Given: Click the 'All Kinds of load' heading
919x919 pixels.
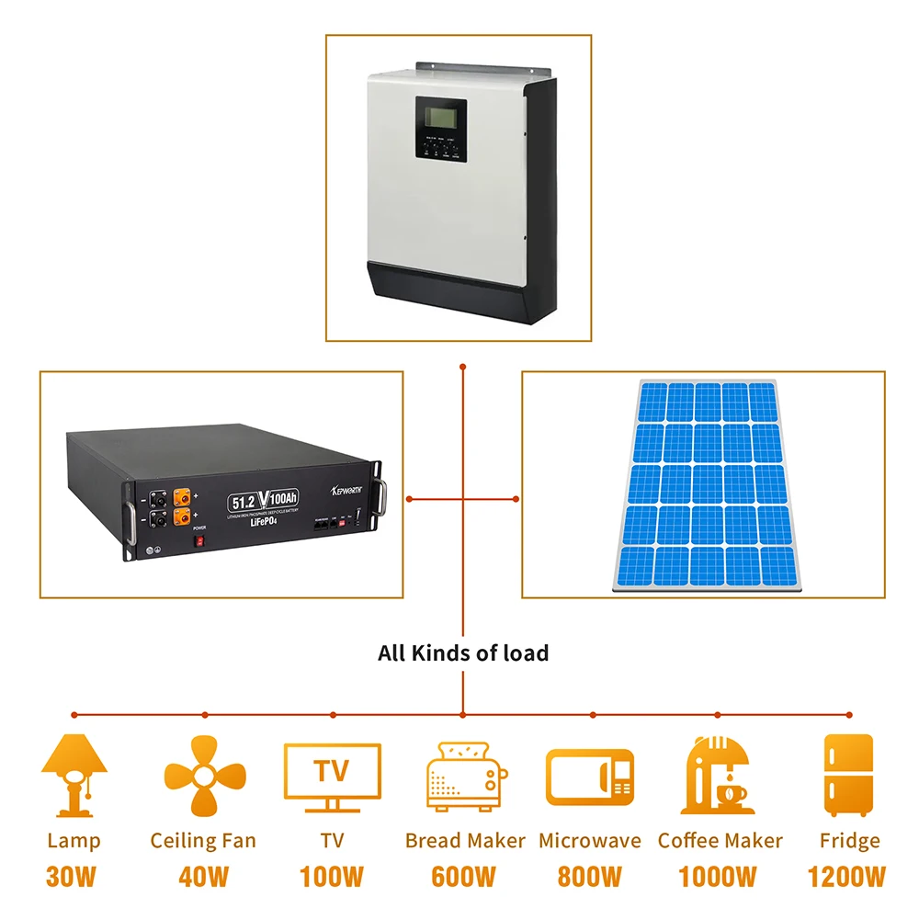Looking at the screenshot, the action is [x=462, y=653].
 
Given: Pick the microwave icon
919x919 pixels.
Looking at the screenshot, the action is [x=589, y=778].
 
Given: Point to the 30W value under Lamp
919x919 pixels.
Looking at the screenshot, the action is [x=72, y=877].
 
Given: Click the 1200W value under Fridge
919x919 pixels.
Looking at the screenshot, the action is [x=846, y=877].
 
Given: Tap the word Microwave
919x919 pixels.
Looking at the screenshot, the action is [x=590, y=841].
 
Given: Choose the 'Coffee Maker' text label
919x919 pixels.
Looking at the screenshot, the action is [x=720, y=841].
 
